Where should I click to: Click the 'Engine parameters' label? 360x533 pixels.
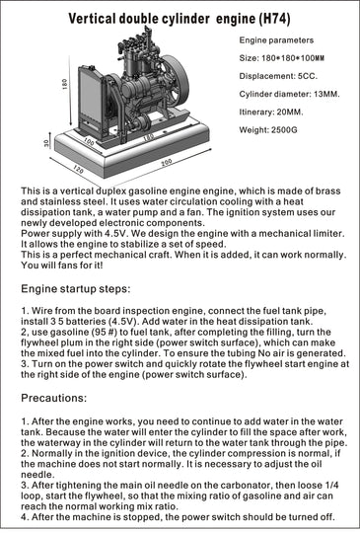278,40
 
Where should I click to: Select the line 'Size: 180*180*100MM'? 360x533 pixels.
282,58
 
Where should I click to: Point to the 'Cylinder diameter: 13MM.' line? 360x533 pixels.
293,94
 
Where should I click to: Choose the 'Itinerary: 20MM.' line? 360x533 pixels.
273,112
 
